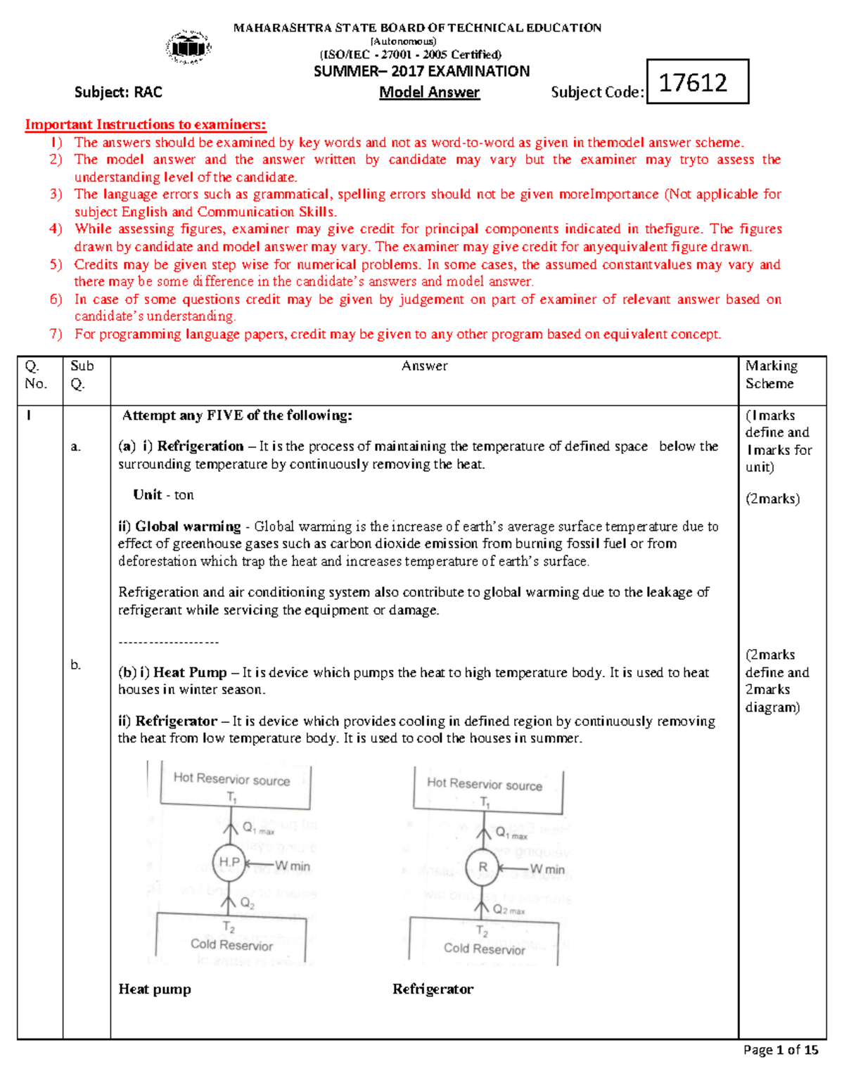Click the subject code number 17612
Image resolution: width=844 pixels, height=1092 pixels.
(x=693, y=82)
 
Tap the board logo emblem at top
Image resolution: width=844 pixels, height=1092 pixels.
(x=188, y=48)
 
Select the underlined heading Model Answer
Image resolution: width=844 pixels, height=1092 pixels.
(x=429, y=92)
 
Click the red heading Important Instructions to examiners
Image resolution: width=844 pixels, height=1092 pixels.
(x=146, y=124)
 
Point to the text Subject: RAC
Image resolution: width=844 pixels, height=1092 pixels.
(x=118, y=92)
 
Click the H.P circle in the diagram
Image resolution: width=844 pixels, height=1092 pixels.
(x=229, y=862)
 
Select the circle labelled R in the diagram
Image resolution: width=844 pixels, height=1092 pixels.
(x=483, y=867)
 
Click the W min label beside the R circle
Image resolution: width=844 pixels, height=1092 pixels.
(x=547, y=869)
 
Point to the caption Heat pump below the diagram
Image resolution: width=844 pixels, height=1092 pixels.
(x=155, y=989)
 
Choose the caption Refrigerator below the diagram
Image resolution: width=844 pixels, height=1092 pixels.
(x=433, y=989)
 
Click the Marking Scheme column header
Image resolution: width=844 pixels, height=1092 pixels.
(x=772, y=374)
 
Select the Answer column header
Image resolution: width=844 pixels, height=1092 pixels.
(x=424, y=366)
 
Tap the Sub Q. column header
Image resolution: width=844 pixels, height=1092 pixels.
(x=82, y=374)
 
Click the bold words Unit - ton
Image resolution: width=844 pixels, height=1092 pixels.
(x=163, y=494)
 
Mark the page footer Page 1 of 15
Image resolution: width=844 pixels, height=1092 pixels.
(x=781, y=1050)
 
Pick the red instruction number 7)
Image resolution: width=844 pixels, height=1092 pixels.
(x=56, y=334)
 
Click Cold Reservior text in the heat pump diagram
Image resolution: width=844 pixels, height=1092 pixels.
(x=231, y=945)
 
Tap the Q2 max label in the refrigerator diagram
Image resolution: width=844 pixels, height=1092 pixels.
(x=509, y=910)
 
